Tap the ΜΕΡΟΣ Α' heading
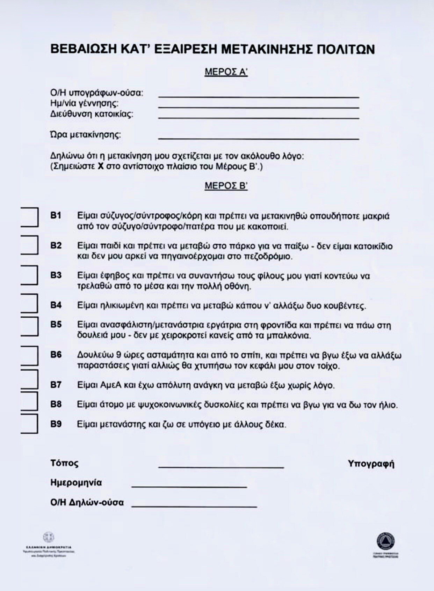point(226,72)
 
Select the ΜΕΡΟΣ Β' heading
point(226,186)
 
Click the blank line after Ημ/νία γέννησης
point(259,108)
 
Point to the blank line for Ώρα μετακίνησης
point(259,139)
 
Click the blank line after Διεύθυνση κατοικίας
point(259,118)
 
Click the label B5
point(56,325)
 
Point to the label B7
point(56,385)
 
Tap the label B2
point(56,245)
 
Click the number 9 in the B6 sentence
point(118,355)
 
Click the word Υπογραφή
point(371,464)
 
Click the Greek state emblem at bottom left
point(49,537)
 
